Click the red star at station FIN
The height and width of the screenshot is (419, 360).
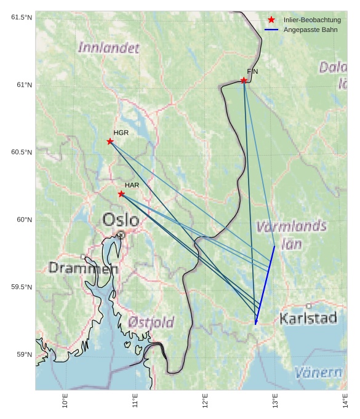pyautogui.click(x=244, y=81)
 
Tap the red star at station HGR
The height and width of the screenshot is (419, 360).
pyautogui.click(x=110, y=142)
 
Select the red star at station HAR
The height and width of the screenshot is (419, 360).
pyautogui.click(x=121, y=194)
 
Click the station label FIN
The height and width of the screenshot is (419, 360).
pyautogui.click(x=252, y=71)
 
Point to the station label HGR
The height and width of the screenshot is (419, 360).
pyautogui.click(x=121, y=133)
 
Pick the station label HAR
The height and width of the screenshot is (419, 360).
pyautogui.click(x=132, y=185)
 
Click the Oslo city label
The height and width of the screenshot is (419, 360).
pyautogui.click(x=121, y=220)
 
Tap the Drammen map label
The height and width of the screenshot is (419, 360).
pyautogui.click(x=83, y=268)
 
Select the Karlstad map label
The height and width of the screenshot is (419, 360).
pyautogui.click(x=308, y=318)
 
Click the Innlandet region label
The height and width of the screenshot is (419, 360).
pyautogui.click(x=109, y=47)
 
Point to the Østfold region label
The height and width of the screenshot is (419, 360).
pyautogui.click(x=151, y=322)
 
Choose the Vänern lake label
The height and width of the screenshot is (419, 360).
pyautogui.click(x=318, y=372)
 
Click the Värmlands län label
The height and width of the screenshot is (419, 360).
pyautogui.click(x=291, y=234)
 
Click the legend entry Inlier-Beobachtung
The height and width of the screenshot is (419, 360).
pyautogui.click(x=312, y=20)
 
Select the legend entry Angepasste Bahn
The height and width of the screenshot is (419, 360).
pyautogui.click(x=310, y=30)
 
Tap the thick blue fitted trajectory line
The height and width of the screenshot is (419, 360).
pyautogui.click(x=265, y=284)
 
